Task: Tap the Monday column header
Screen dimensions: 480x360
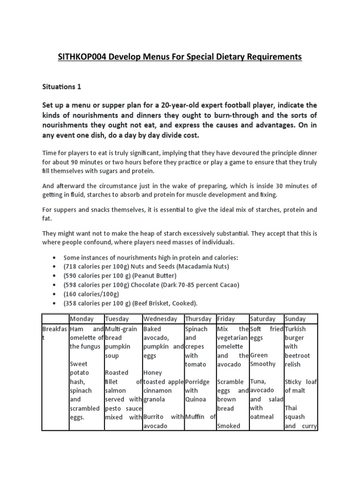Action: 81,319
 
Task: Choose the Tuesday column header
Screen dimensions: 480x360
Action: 117,319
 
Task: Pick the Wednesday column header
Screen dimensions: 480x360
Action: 160,319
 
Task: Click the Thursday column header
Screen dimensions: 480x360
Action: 199,319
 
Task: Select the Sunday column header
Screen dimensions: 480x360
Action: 295,319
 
